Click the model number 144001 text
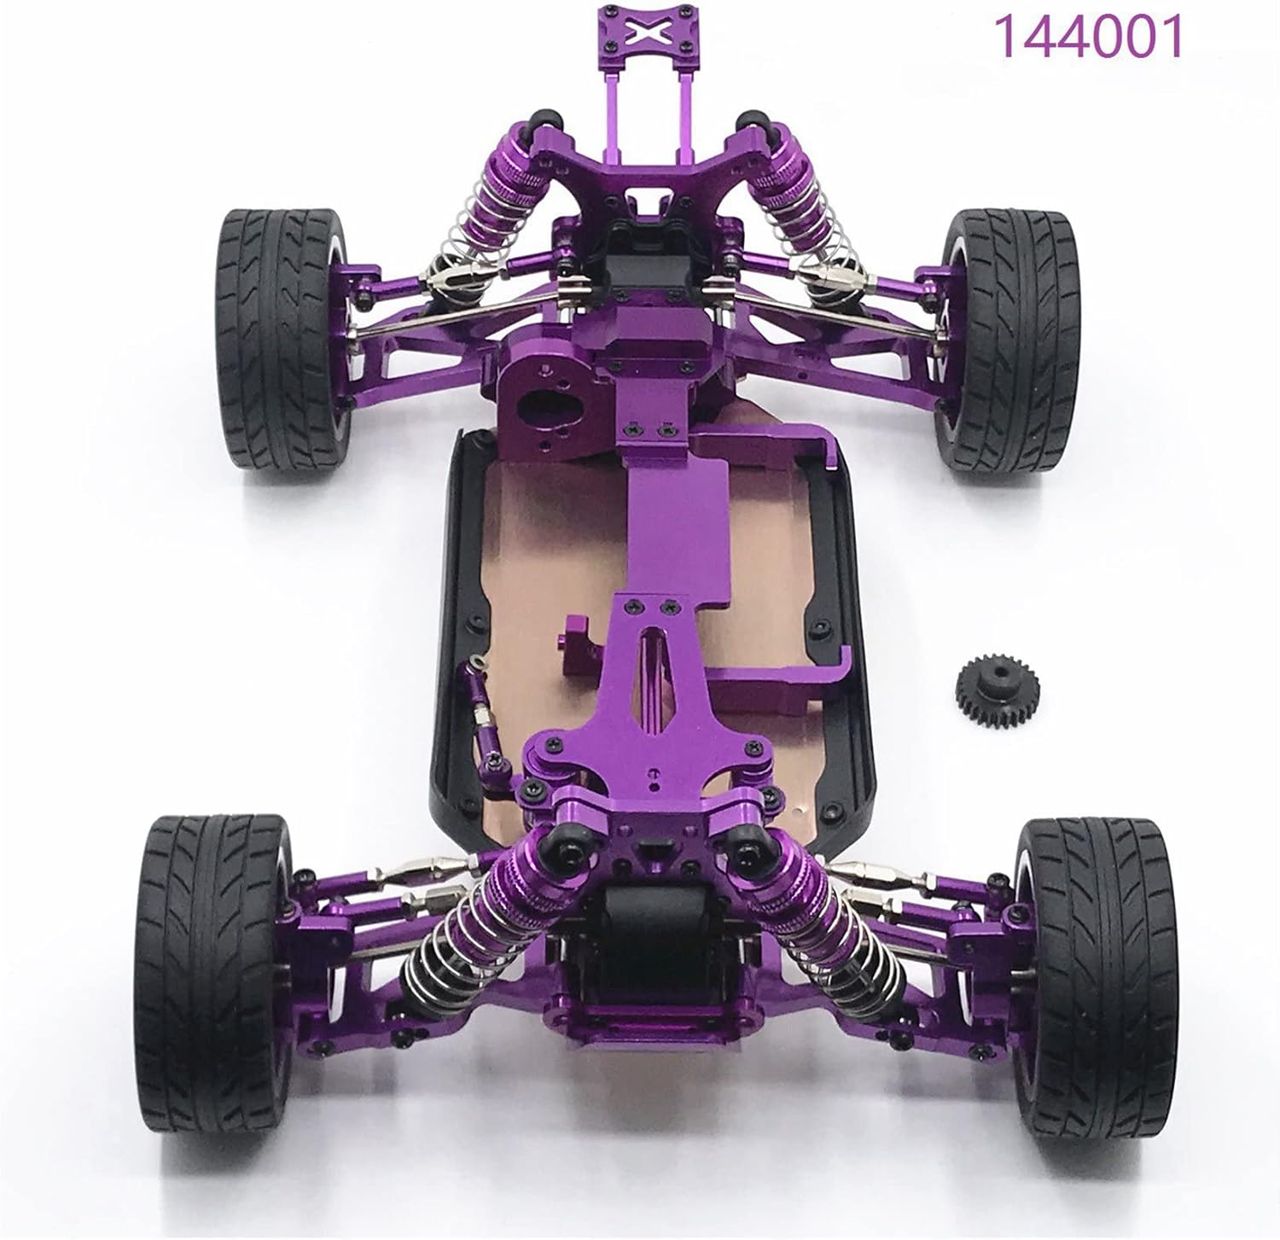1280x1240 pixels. (x=1090, y=37)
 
